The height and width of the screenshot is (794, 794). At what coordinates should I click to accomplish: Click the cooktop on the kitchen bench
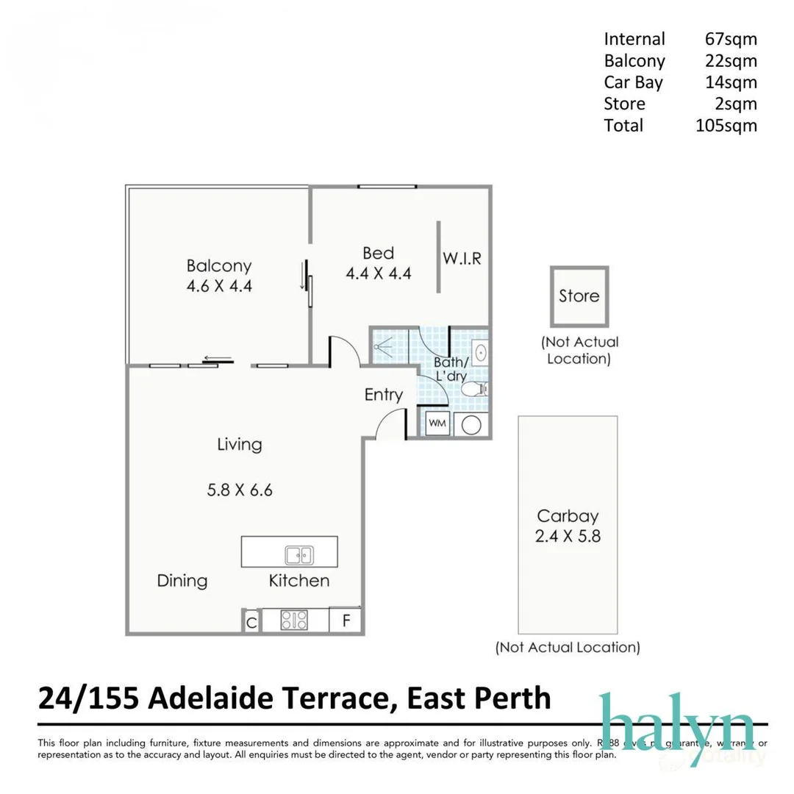(x=294, y=620)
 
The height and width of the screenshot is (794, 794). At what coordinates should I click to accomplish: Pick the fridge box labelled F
(x=346, y=620)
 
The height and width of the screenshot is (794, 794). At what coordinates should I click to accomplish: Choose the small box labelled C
(x=251, y=621)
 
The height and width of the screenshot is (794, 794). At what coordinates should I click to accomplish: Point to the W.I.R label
(x=462, y=259)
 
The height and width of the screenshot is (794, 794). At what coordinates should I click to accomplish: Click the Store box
(x=579, y=296)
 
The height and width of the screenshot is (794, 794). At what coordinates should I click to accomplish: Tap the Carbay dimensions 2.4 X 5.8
(x=568, y=536)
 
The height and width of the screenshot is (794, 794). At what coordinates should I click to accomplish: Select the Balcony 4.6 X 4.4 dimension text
(x=219, y=287)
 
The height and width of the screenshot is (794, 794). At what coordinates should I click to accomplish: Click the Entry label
(x=384, y=395)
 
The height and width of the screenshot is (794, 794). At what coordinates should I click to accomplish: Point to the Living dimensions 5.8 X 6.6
(x=240, y=490)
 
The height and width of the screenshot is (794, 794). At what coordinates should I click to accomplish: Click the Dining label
(x=182, y=581)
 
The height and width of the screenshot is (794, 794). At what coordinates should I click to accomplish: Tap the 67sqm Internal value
(x=730, y=39)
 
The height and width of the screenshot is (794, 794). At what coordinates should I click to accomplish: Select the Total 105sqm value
(x=726, y=125)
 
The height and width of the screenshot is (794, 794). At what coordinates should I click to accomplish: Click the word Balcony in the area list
(x=634, y=61)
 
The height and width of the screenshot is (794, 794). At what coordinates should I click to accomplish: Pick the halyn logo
(x=676, y=720)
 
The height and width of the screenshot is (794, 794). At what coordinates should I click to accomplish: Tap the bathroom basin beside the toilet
(x=479, y=352)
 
